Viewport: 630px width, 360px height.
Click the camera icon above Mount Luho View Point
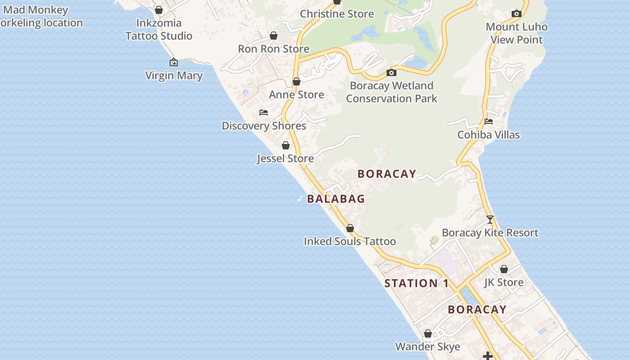tap(517, 14)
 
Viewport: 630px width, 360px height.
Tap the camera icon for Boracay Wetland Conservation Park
tap(391, 72)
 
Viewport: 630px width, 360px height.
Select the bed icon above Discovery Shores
tap(264, 112)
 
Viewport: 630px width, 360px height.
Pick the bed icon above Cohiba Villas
tap(489, 121)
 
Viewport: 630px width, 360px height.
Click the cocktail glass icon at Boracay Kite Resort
tap(490, 220)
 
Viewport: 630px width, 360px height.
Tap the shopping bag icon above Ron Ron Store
tap(274, 36)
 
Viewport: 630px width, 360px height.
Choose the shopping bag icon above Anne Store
tap(297, 81)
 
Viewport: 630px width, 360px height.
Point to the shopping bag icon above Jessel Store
tap(286, 145)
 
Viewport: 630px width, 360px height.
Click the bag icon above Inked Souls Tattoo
tap(350, 228)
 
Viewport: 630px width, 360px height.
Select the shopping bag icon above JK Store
tap(504, 269)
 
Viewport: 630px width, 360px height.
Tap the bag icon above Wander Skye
tap(428, 333)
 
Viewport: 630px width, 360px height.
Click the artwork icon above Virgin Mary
tap(174, 62)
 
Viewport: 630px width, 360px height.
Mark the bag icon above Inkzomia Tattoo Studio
tap(159, 10)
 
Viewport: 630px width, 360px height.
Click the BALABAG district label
tap(336, 199)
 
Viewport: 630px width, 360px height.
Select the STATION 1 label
tap(417, 283)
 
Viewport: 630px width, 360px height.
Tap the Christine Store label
tap(337, 14)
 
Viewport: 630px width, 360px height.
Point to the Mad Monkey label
tap(36, 10)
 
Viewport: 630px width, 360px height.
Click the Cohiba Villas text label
tap(489, 135)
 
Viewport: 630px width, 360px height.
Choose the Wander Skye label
tap(427, 347)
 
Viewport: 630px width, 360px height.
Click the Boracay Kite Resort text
tap(490, 233)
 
